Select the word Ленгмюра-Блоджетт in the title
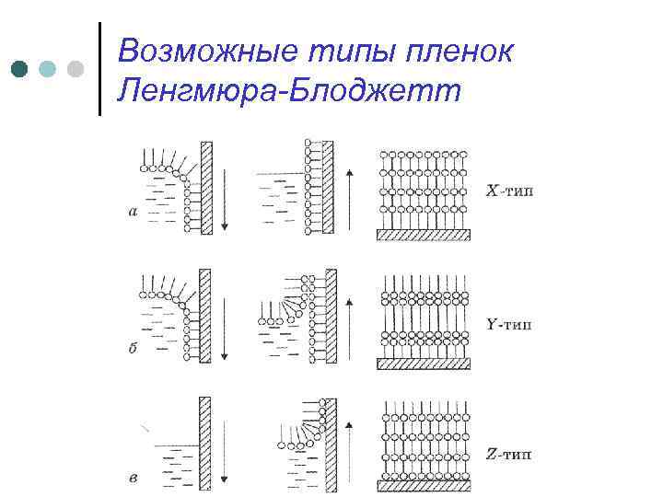285,91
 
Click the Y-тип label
508,323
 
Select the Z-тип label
508,454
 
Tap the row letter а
133,212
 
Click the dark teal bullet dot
18,69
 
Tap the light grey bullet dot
76,69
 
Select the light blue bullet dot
47,69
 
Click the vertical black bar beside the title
99,69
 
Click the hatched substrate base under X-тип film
424,235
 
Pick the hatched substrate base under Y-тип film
424,363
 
